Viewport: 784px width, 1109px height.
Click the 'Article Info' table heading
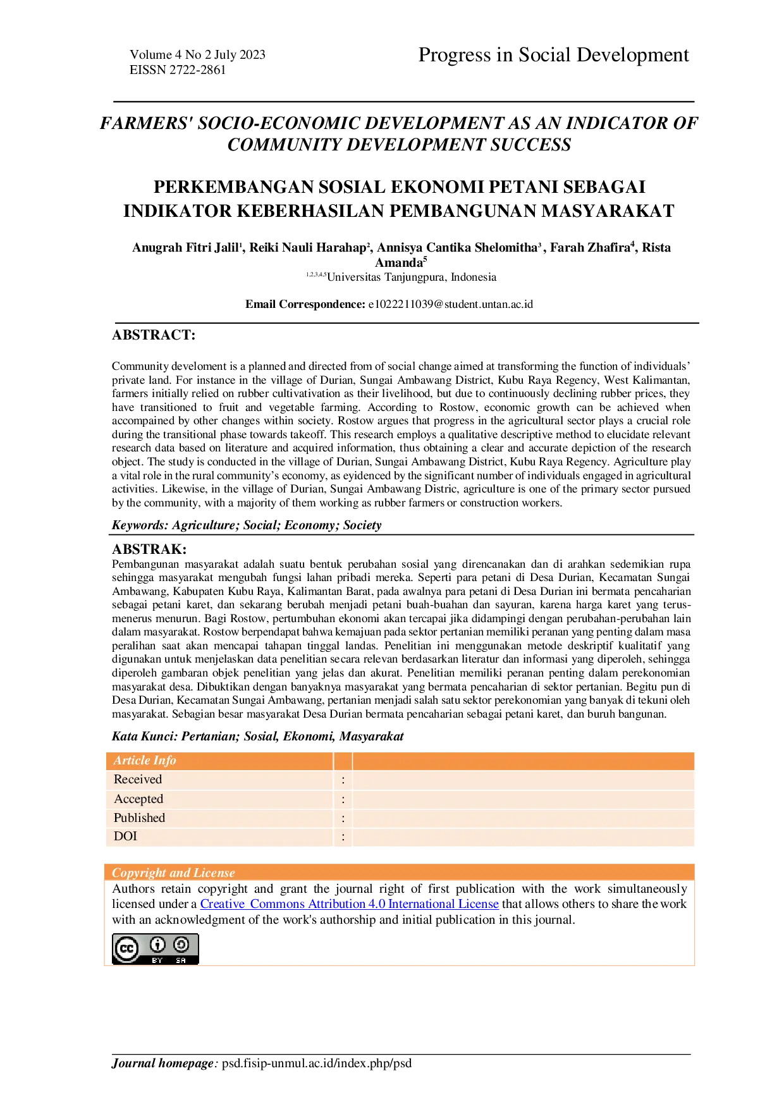[145, 761]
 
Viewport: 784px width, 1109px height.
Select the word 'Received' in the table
[138, 780]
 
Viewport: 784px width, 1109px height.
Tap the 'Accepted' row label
[138, 799]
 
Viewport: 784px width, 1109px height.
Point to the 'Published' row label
[139, 818]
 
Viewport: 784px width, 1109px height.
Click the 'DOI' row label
[125, 836]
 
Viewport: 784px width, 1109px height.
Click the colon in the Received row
[343, 780]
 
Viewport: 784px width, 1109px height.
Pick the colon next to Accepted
[343, 800]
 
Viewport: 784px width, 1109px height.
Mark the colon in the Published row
[343, 819]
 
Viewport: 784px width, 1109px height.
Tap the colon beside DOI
[343, 837]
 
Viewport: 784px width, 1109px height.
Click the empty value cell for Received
[523, 780]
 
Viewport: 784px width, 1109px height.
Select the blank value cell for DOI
[523, 837]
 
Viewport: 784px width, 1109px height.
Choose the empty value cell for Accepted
[523, 800]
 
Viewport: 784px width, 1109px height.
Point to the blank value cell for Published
[523, 819]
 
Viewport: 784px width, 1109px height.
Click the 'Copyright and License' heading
[173, 873]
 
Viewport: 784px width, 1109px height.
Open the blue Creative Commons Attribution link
[350, 904]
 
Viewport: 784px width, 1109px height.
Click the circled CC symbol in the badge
[127, 948]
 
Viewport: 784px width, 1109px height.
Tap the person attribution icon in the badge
[157, 945]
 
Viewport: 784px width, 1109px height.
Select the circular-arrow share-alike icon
[181, 945]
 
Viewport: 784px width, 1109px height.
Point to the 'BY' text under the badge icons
[157, 960]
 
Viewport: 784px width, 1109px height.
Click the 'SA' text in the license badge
[181, 960]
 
